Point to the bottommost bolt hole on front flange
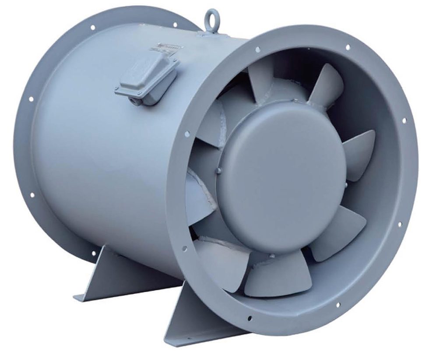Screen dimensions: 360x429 coord(250,318)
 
